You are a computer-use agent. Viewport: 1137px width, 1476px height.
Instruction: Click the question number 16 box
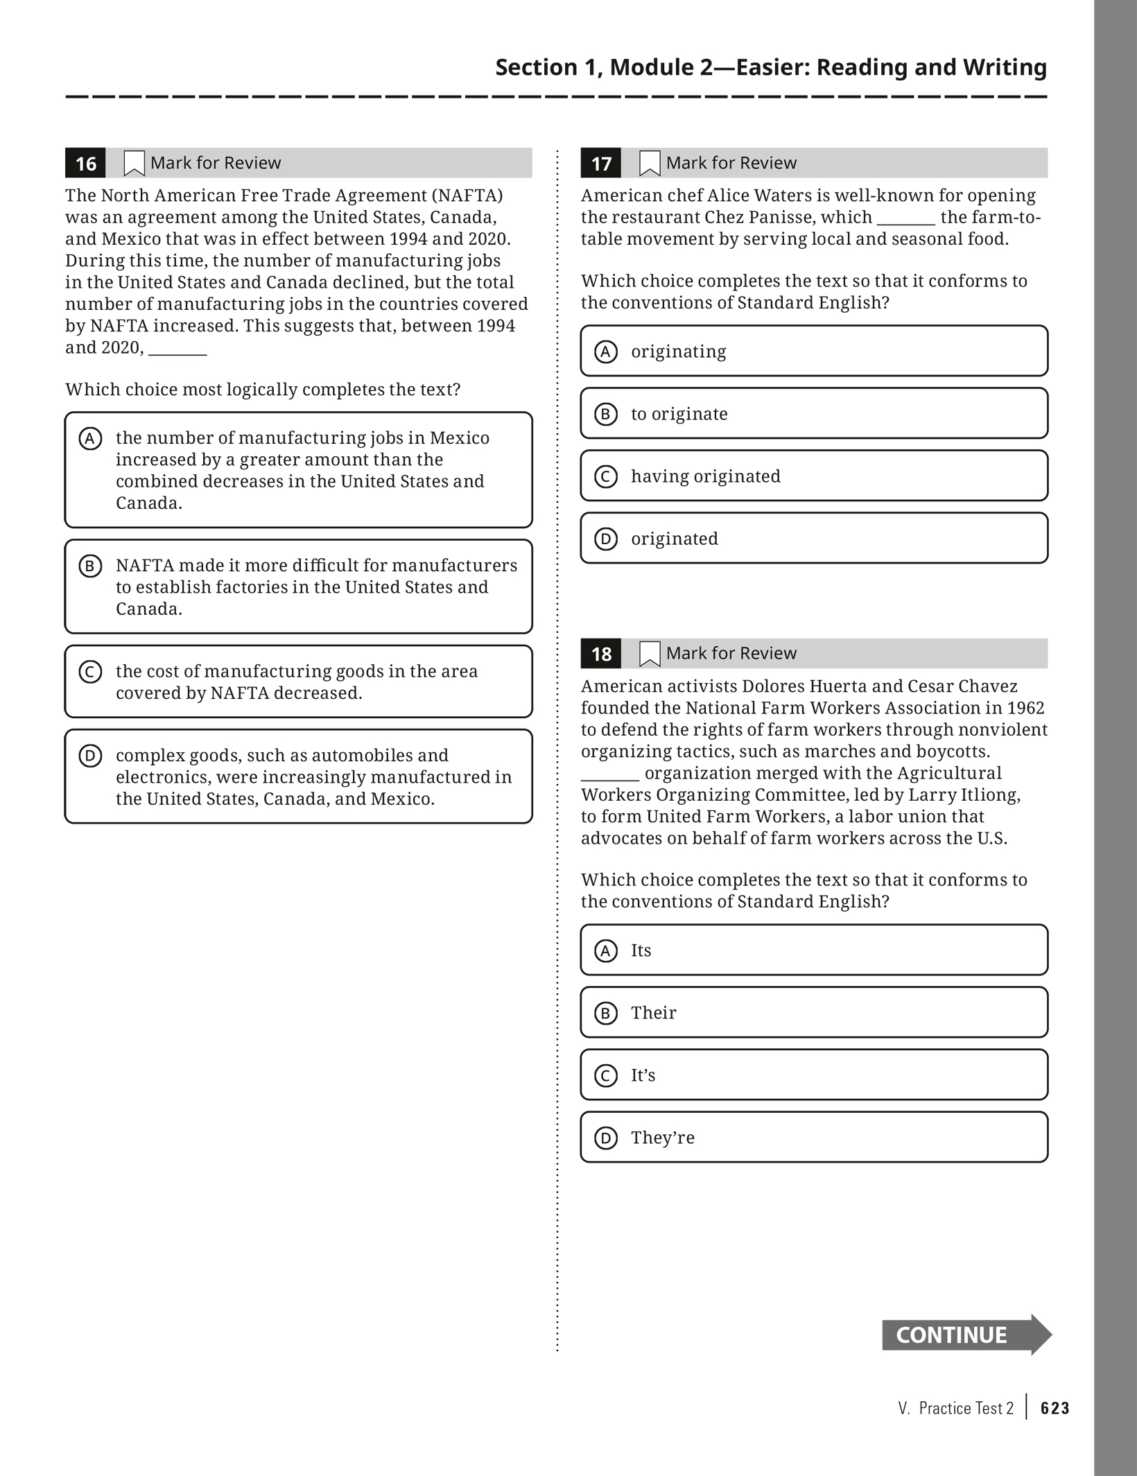[85, 164]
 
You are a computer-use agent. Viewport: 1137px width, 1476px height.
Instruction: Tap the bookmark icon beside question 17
[649, 164]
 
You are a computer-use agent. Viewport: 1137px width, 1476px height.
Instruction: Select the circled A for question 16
[90, 439]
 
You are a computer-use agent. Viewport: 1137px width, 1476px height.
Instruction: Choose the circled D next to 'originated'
[606, 539]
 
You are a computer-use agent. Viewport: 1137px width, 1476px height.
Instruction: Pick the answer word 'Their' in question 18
[653, 1013]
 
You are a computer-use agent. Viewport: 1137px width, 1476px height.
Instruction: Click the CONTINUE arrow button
[965, 1335]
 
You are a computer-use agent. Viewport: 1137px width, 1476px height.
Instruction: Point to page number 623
[1055, 1408]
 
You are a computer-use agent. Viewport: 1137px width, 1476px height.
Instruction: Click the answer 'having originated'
[705, 476]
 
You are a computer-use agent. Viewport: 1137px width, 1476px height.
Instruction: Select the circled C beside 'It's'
[606, 1075]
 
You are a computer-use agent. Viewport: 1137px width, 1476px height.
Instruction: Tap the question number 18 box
[601, 654]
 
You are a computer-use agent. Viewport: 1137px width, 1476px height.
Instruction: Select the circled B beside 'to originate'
[606, 414]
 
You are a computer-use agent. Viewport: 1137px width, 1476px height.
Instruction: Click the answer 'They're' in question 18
[662, 1138]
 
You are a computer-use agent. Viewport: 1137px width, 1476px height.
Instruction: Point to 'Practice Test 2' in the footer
[966, 1408]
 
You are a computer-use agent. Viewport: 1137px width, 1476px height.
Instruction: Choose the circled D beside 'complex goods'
[90, 756]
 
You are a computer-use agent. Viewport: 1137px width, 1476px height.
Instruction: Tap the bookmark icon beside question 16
[134, 164]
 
